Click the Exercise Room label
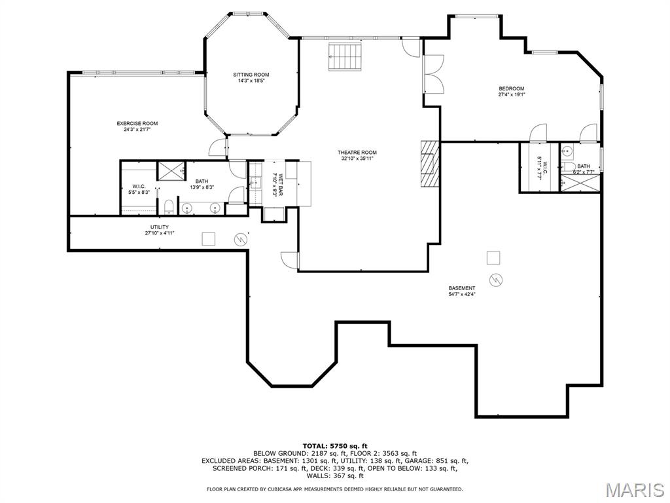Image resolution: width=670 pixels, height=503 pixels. coord(137,123)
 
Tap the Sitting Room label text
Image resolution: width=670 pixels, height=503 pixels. coord(251,75)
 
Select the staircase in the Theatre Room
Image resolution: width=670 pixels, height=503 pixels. coord(345,58)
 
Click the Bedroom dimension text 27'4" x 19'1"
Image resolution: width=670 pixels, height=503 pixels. coord(511,94)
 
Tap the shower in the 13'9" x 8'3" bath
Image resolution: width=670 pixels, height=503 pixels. coord(171,170)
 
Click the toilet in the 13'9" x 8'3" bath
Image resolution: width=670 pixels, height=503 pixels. coord(168,208)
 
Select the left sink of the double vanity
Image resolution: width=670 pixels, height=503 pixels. coord(188,208)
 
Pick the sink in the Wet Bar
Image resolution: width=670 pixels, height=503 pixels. coord(256,183)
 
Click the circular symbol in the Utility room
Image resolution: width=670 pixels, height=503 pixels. coord(241,240)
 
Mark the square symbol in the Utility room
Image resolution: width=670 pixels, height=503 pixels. coord(208,238)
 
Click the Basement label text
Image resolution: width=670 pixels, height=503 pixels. coord(462,288)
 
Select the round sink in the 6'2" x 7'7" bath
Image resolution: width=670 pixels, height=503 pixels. coord(569,151)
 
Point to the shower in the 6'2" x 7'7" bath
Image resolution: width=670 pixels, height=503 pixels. coord(580,182)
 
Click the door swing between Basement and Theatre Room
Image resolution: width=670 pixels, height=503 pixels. coord(289,260)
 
